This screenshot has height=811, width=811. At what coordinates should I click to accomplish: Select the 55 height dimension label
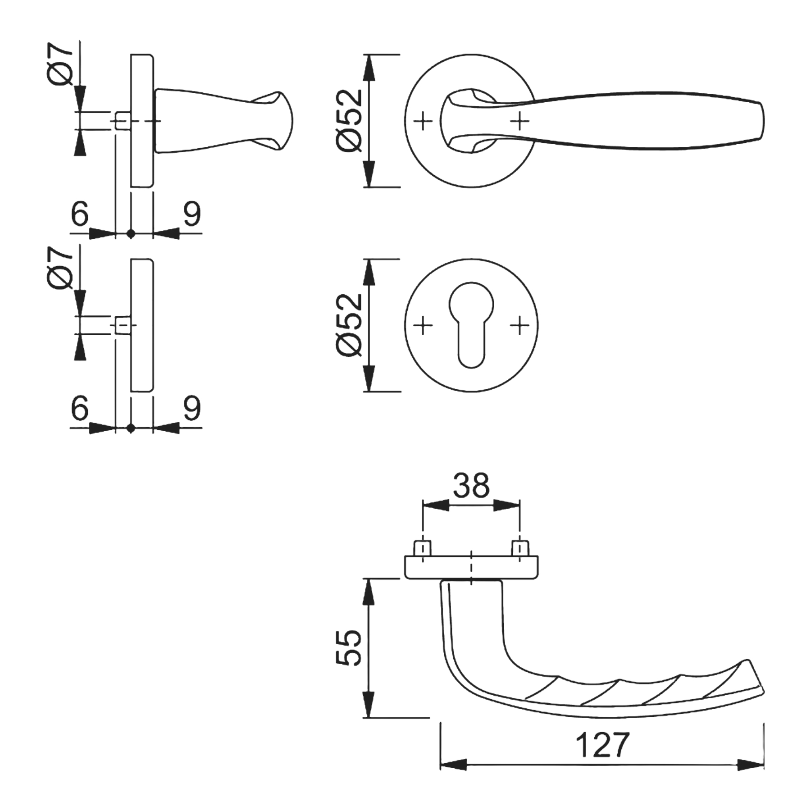(x=349, y=647)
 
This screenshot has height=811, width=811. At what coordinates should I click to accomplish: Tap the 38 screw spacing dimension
(x=471, y=485)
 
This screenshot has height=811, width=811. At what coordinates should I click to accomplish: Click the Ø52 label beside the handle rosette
(x=349, y=120)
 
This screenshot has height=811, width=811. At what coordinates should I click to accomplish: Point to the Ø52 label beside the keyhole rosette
(x=349, y=325)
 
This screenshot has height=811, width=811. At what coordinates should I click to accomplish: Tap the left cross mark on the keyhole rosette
(x=423, y=325)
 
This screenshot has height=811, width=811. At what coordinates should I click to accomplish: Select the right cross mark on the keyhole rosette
(x=520, y=325)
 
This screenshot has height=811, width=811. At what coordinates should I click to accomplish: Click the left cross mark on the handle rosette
(x=423, y=121)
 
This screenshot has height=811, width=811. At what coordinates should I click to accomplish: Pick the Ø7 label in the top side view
(x=60, y=63)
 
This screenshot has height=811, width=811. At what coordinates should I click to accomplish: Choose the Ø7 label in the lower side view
(x=60, y=268)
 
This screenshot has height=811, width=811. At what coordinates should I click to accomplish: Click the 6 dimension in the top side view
(x=80, y=214)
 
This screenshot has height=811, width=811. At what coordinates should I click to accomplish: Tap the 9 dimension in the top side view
(x=191, y=214)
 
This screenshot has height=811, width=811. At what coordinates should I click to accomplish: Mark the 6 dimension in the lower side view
(x=80, y=408)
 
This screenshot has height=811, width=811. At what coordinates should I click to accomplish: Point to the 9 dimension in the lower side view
(x=191, y=408)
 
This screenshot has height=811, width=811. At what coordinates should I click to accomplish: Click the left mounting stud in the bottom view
(x=423, y=548)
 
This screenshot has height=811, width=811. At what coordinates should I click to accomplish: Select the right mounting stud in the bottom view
(x=520, y=548)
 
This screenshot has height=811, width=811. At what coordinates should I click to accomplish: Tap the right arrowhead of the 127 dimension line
(x=751, y=765)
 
